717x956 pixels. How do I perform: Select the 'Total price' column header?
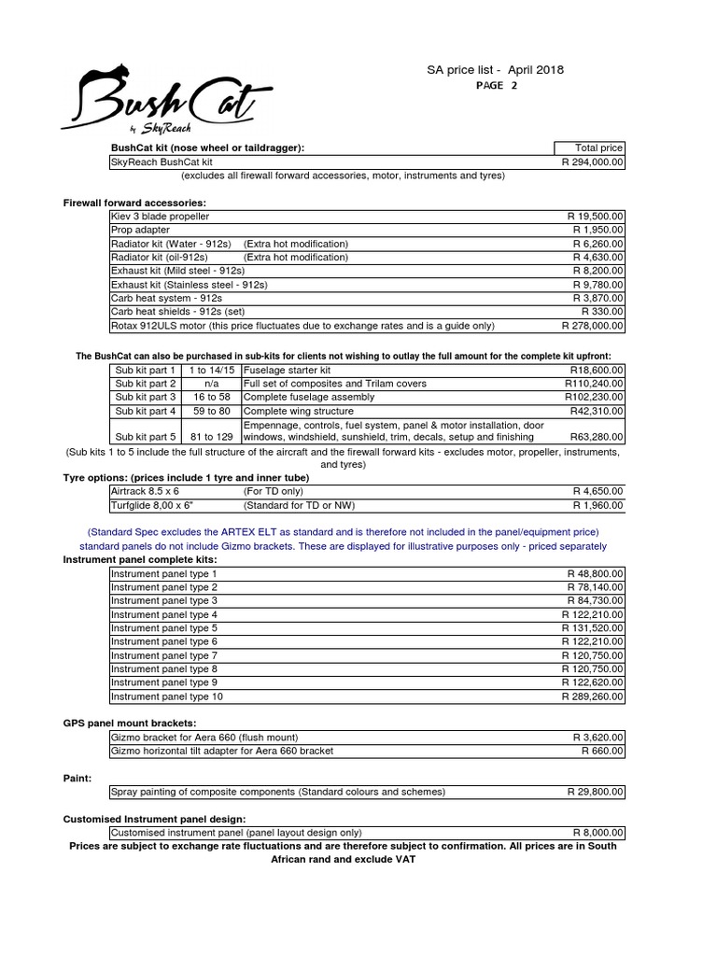pos(597,148)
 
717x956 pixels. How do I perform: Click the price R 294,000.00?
pos(593,162)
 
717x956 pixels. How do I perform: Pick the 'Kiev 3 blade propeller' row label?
pos(160,216)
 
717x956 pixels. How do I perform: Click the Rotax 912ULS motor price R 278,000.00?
pos(593,326)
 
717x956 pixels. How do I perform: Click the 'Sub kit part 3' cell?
pos(144,397)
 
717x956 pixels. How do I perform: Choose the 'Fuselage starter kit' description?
pos(280,370)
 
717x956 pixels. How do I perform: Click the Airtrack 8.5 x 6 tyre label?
pos(145,490)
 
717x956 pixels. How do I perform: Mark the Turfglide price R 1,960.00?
pos(598,504)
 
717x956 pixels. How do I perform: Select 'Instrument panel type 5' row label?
pos(164,628)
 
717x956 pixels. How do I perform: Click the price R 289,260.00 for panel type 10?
pos(593,696)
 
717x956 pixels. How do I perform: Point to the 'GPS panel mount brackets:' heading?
pos(130,723)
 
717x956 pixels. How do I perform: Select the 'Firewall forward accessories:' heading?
pos(134,203)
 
